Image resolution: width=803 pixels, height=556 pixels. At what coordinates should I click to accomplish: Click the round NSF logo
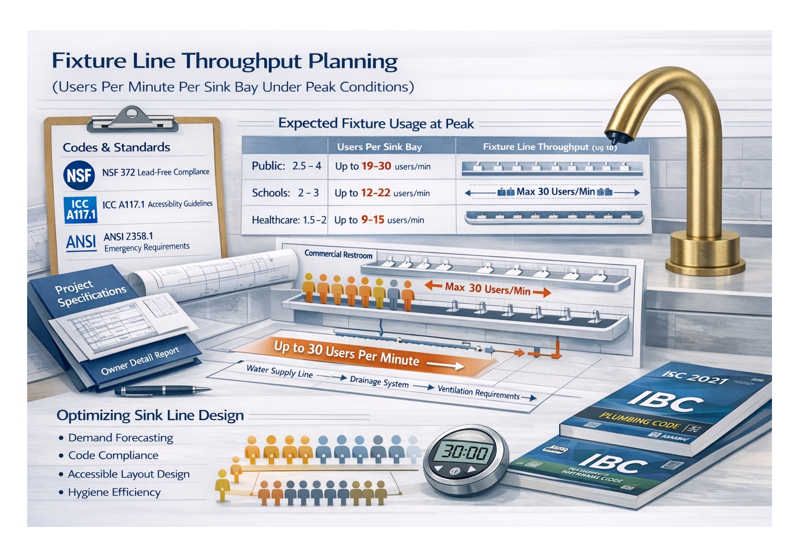(x=79, y=175)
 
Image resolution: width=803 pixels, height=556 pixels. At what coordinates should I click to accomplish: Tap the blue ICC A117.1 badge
(x=80, y=210)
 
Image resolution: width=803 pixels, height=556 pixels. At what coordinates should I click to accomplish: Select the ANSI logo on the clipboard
(x=81, y=242)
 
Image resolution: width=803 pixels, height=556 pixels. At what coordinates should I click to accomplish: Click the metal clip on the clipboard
(x=132, y=119)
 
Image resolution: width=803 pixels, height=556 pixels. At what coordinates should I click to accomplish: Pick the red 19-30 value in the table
(x=376, y=166)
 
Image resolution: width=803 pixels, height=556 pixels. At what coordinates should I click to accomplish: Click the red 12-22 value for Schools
(x=375, y=193)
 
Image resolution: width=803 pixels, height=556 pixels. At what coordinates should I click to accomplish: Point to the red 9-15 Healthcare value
(x=372, y=220)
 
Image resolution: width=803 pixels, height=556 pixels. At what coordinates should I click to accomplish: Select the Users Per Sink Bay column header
(x=379, y=147)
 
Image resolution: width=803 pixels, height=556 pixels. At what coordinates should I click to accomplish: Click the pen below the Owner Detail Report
(x=162, y=390)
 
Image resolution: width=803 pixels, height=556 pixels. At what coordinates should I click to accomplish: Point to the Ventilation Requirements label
(x=478, y=392)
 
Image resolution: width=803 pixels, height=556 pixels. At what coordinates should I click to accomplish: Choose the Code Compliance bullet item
(x=113, y=456)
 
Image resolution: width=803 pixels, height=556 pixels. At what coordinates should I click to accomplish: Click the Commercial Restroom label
(x=338, y=254)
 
